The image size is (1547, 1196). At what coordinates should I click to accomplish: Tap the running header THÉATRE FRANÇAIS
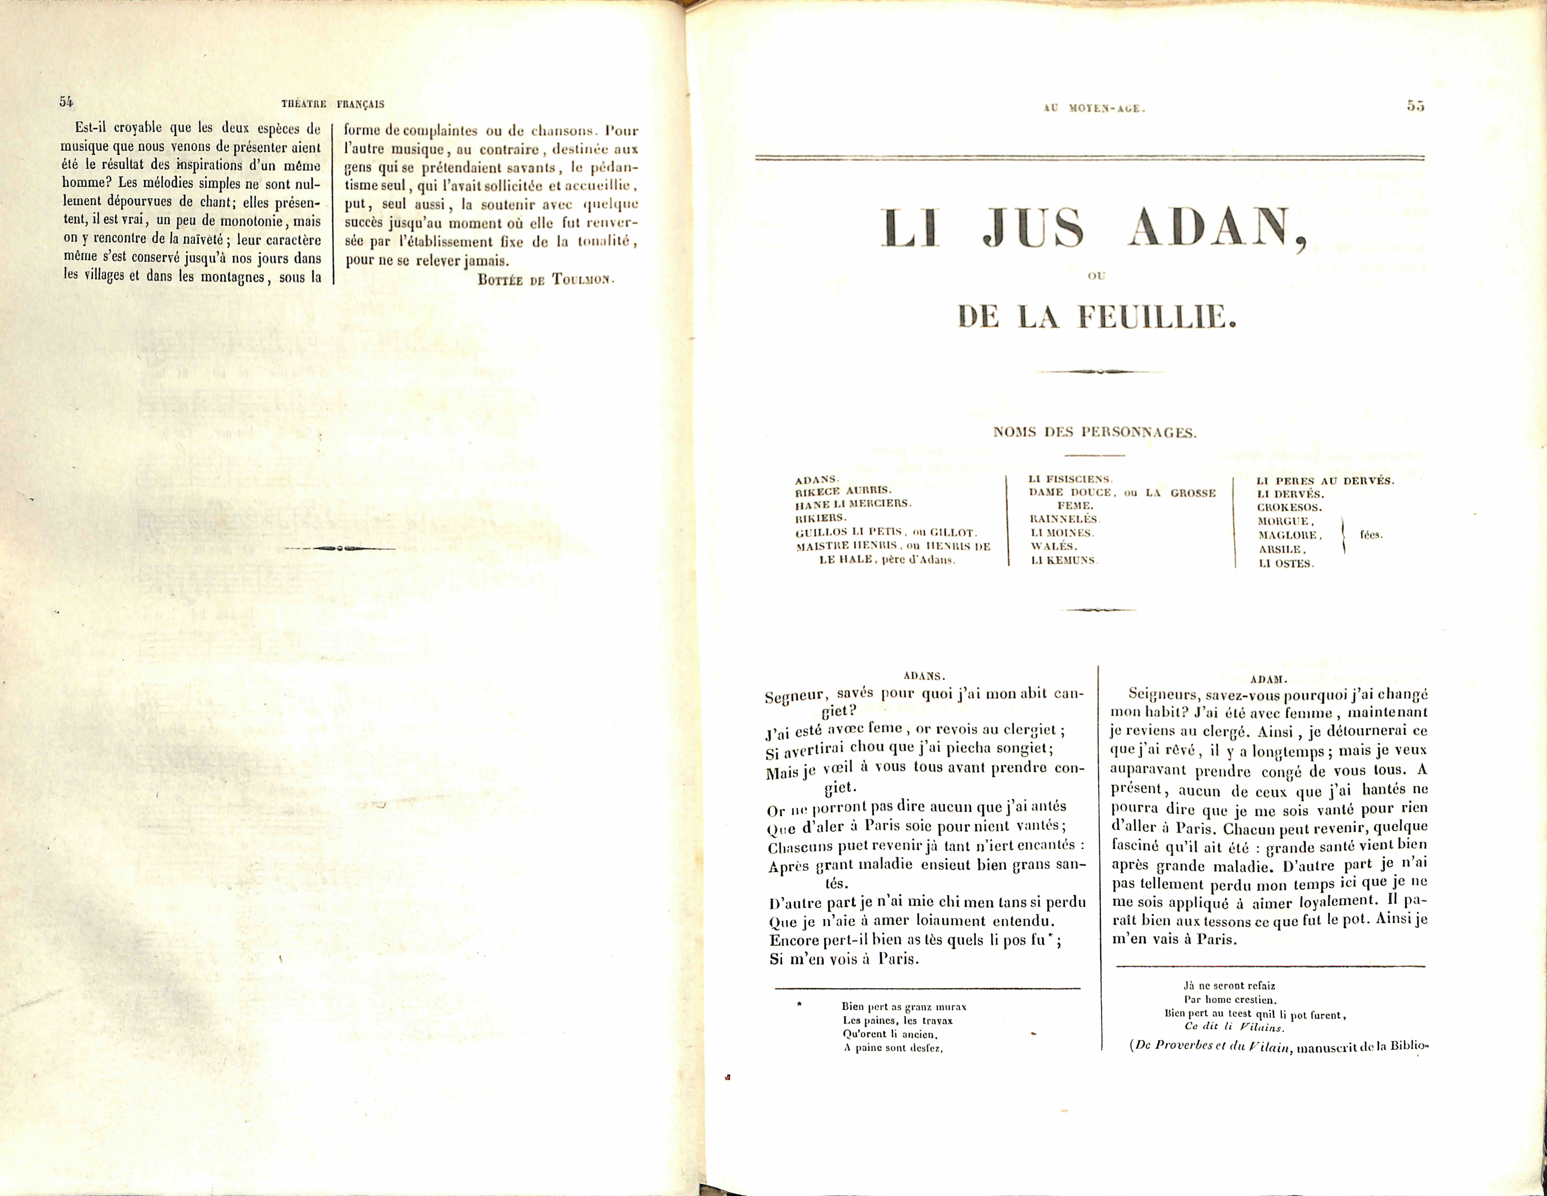click(333, 104)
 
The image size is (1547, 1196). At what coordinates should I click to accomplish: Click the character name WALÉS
click(1053, 546)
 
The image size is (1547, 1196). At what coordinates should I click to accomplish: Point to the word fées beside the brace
click(1371, 535)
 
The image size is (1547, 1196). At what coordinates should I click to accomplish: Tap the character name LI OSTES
click(1286, 564)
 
